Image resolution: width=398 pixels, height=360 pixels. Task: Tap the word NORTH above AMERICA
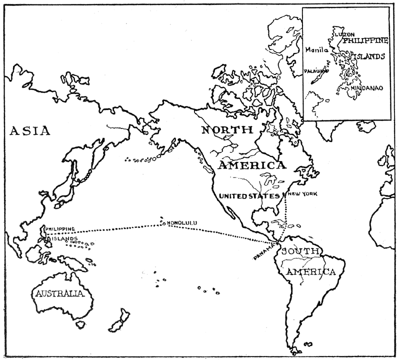click(226, 130)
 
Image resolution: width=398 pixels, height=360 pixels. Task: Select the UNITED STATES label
click(247, 196)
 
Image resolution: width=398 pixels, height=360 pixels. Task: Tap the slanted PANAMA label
click(264, 251)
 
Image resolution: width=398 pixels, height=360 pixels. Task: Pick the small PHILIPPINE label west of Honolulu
click(60, 229)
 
